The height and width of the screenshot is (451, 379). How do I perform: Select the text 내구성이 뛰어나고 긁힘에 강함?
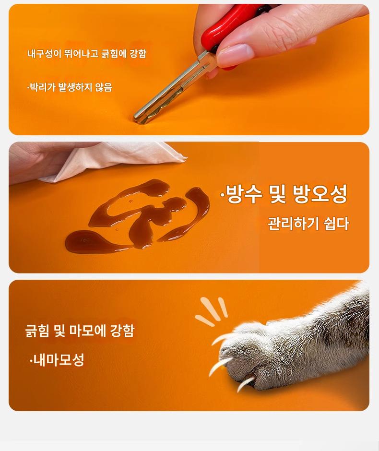[x=87, y=54]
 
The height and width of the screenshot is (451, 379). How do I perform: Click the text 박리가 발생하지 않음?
[x=70, y=87]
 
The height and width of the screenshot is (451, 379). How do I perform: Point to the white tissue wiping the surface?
[x=115, y=160]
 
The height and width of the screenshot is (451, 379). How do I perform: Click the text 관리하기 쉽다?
[x=308, y=224]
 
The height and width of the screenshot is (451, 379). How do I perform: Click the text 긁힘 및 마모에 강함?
[x=80, y=331]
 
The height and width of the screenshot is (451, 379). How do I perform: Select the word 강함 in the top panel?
[x=138, y=54]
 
